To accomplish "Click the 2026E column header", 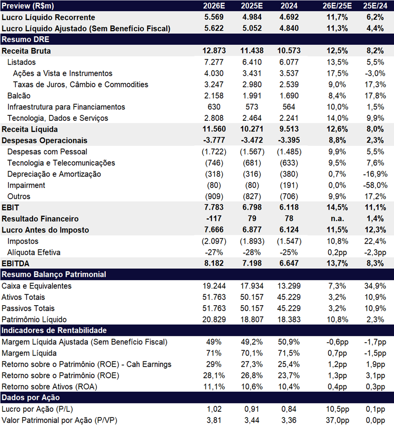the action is pyautogui.click(x=214, y=6).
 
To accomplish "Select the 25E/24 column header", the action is pyautogui.click(x=375, y=6).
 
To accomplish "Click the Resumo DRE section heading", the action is pyautogui.click(x=26, y=39).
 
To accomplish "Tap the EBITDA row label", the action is pyautogui.click(x=15, y=263).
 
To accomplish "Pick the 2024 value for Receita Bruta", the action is pyautogui.click(x=289, y=51).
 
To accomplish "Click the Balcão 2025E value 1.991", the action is pyautogui.click(x=252, y=96).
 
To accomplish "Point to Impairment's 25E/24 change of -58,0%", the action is pyautogui.click(x=375, y=185).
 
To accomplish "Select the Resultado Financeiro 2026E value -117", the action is pyautogui.click(x=214, y=218).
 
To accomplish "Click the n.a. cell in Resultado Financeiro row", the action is pyautogui.click(x=337, y=218).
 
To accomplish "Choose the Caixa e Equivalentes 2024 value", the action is pyautogui.click(x=289, y=286).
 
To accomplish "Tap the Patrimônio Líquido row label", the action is pyautogui.click(x=34, y=319).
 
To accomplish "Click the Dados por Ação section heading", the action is pyautogui.click(x=31, y=397).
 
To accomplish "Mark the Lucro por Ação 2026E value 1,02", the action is pyautogui.click(x=214, y=409).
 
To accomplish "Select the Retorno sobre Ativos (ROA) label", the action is pyautogui.click(x=49, y=387).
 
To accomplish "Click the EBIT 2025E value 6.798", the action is pyautogui.click(x=252, y=207).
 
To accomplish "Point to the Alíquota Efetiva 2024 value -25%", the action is pyautogui.click(x=289, y=252).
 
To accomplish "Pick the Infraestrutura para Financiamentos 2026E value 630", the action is pyautogui.click(x=214, y=107).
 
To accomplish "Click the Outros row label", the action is pyautogui.click(x=19, y=196).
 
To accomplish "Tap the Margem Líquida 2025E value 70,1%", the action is pyautogui.click(x=252, y=353).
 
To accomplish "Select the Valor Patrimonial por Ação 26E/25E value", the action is pyautogui.click(x=337, y=420).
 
